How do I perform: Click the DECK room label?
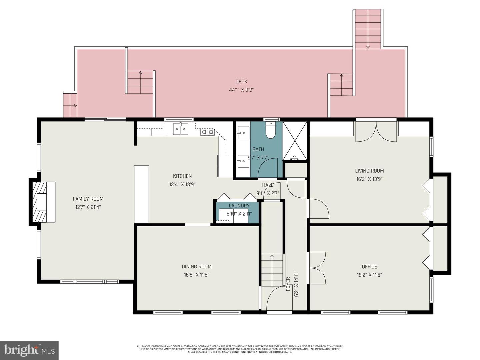[241, 82]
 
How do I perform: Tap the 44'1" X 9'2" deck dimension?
[241, 90]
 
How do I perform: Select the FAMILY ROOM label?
[88, 199]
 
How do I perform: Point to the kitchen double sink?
[180, 129]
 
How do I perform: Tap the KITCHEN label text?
[182, 176]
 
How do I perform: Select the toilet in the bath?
[270, 131]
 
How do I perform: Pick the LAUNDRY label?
[239, 206]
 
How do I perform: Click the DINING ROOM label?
[197, 267]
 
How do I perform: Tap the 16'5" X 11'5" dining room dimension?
[197, 275]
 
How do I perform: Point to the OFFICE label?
[369, 267]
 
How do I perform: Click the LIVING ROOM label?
[369, 171]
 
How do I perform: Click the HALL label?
[268, 185]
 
